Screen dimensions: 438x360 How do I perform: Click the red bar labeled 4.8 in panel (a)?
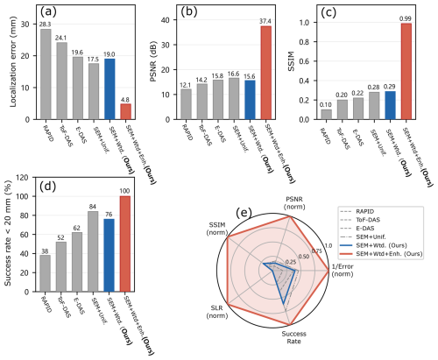pos(125,111)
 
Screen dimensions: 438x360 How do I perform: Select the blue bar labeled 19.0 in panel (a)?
pos(109,89)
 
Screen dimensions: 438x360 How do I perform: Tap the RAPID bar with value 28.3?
pos(46,74)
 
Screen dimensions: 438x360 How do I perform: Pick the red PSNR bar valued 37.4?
pos(266,73)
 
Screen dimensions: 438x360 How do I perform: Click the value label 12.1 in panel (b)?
pos(186,85)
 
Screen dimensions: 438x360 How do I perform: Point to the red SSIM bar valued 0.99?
pos(406,71)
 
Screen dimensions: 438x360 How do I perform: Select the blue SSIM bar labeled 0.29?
pos(391,105)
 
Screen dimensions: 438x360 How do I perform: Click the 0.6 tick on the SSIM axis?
pos(307,61)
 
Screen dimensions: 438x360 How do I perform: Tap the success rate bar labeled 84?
pos(93,251)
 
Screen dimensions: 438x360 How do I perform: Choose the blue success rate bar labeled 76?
pos(109,255)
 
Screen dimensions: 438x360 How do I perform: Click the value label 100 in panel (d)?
pos(125,191)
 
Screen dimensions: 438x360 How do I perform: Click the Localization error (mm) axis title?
pos(13,61)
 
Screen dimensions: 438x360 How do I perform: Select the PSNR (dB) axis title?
pos(153,61)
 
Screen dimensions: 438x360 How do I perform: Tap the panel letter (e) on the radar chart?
pos(244,213)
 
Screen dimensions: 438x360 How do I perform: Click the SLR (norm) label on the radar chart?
pos(217,312)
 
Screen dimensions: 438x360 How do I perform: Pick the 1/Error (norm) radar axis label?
pos(343,271)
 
